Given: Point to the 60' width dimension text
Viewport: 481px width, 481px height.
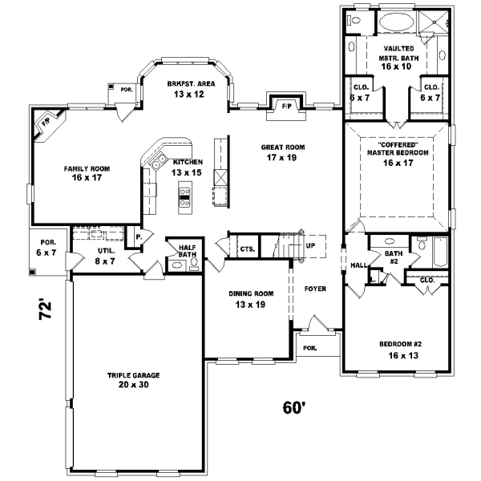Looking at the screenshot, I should point(294,408).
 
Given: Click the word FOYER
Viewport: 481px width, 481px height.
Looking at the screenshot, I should point(315,288).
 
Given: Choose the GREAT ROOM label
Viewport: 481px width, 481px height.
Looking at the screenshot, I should point(284,152).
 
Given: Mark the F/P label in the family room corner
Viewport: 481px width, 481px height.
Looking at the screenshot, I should point(46,123).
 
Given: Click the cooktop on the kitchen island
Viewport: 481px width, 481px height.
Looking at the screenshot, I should point(185,196).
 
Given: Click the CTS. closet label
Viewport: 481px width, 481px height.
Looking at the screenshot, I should point(247,249).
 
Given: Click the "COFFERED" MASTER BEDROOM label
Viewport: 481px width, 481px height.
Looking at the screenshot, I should point(398,157).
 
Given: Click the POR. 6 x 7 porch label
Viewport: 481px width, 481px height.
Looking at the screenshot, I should point(50,248).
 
